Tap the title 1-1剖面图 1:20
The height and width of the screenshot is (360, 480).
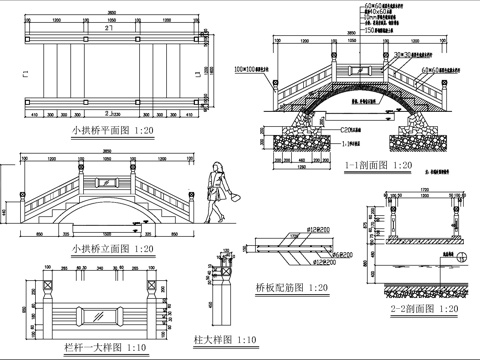(378, 165)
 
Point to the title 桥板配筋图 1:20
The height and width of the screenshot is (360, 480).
(292, 287)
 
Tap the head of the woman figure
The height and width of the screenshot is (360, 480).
(216, 166)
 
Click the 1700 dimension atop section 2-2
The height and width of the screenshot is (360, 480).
(424, 187)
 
